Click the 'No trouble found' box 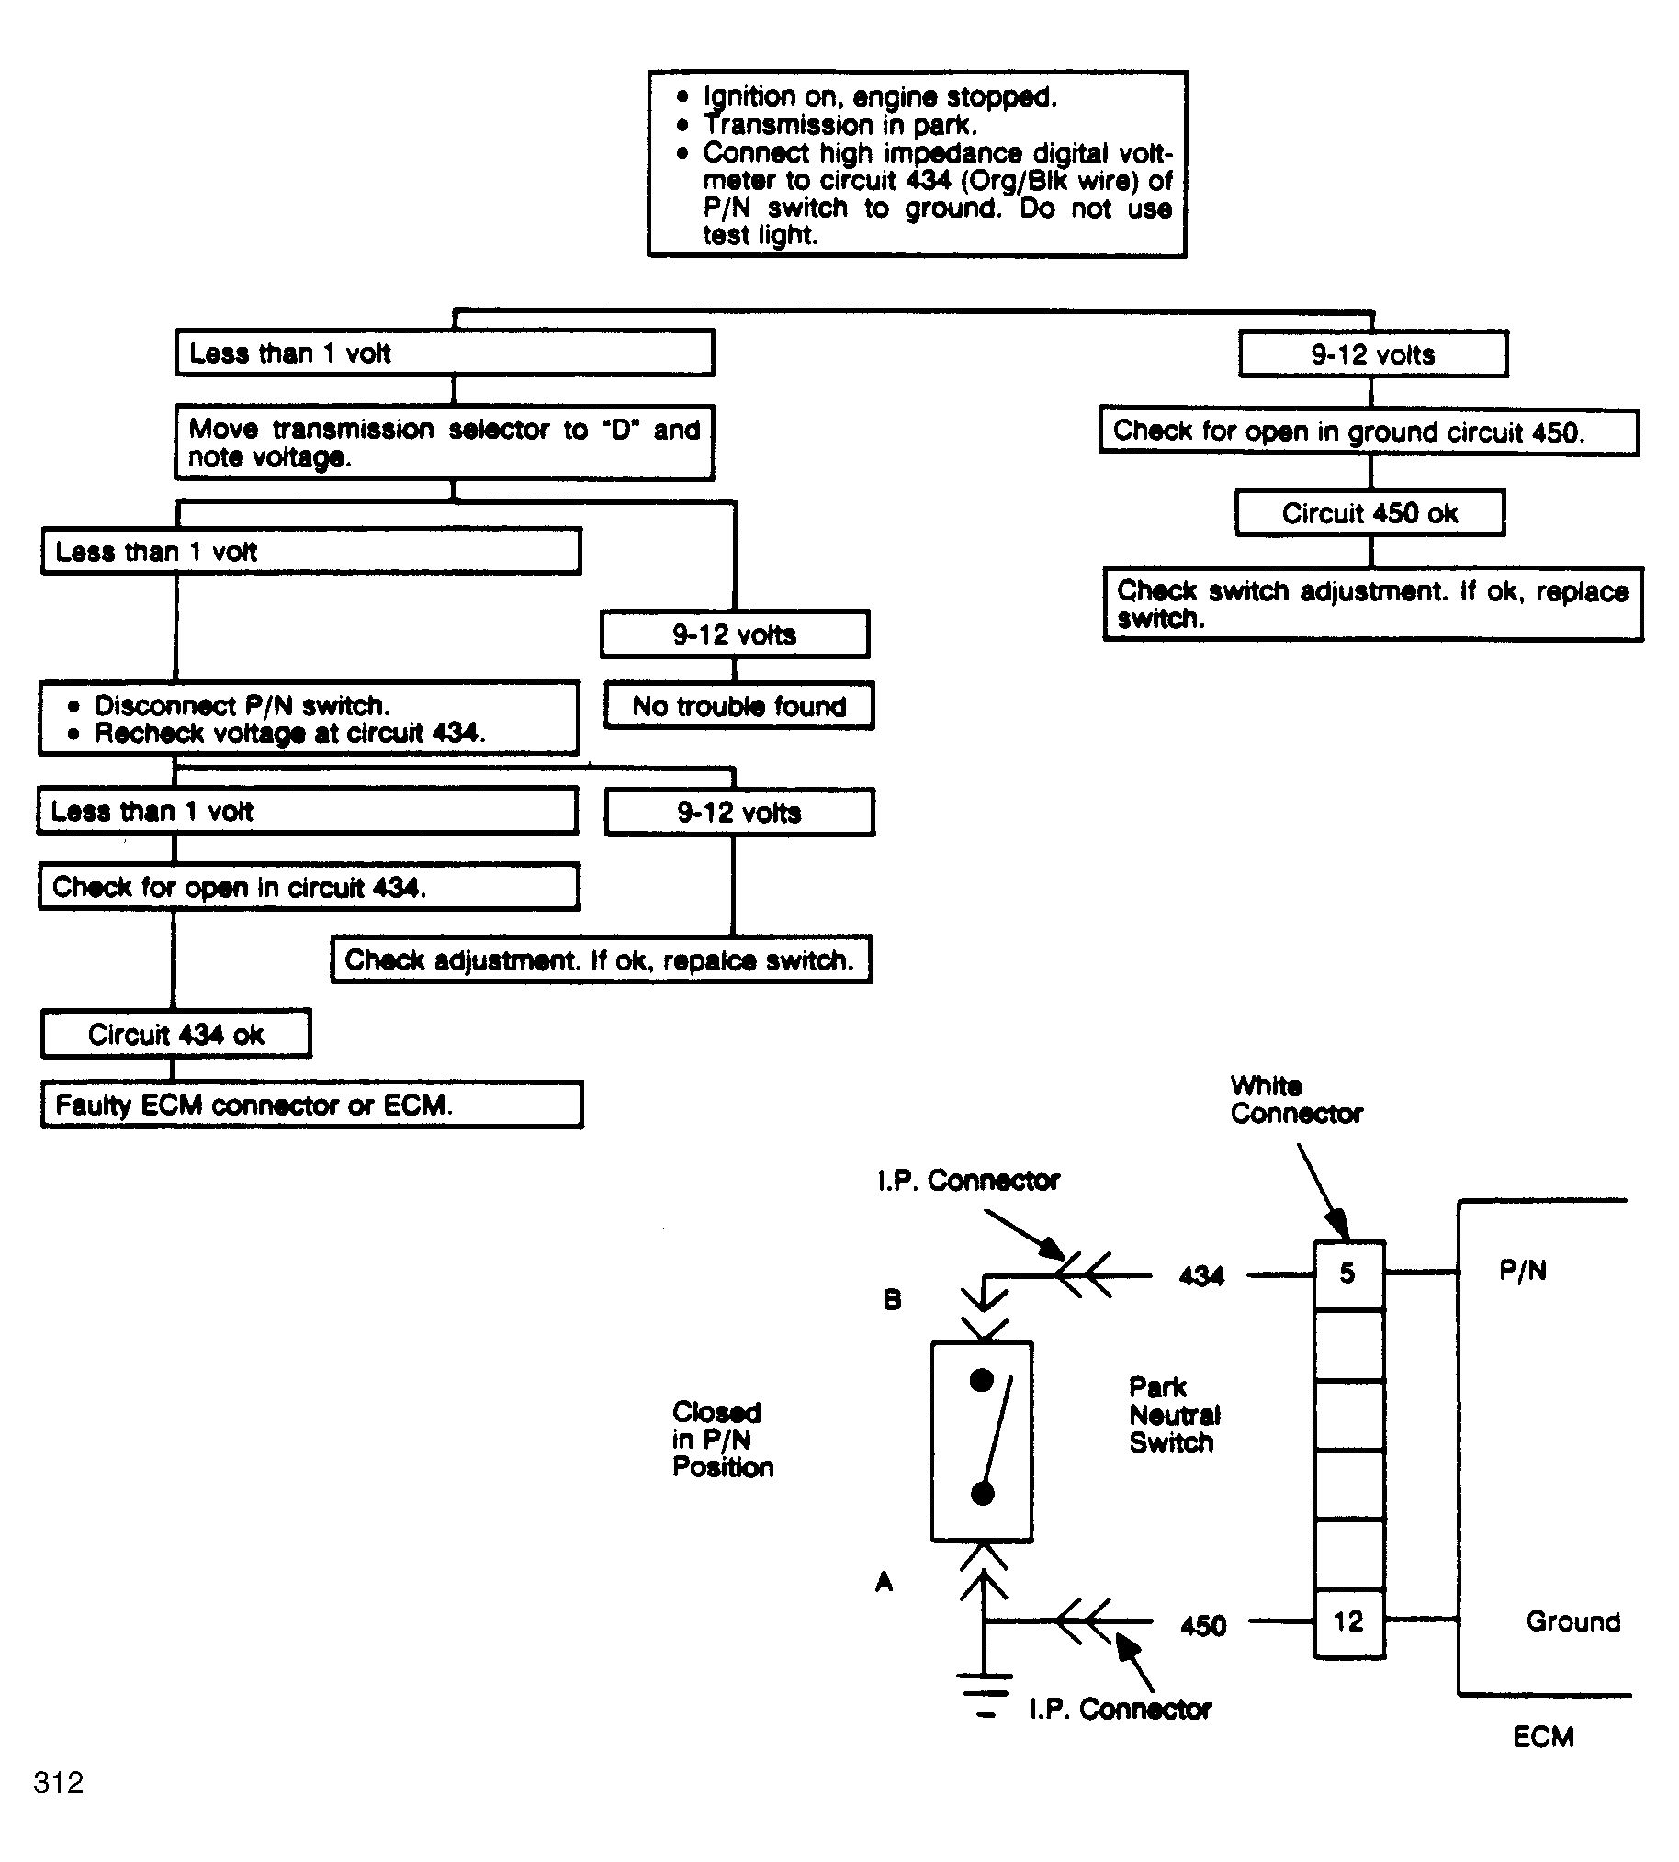pos(739,705)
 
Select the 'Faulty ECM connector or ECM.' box pos(311,1104)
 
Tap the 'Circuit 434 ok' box pos(176,1033)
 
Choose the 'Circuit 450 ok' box pos(1370,512)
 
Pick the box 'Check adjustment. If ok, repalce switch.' pos(602,959)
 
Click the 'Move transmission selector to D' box pos(445,443)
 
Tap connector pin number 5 pos(1347,1273)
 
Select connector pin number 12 pos(1348,1621)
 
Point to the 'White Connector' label pos(1296,1099)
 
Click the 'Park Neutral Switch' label pos(1175,1415)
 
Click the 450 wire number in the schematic pos(1203,1624)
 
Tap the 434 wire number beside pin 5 pos(1201,1275)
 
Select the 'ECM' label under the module pos(1543,1736)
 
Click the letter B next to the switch pos(892,1299)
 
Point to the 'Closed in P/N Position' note pos(722,1439)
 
